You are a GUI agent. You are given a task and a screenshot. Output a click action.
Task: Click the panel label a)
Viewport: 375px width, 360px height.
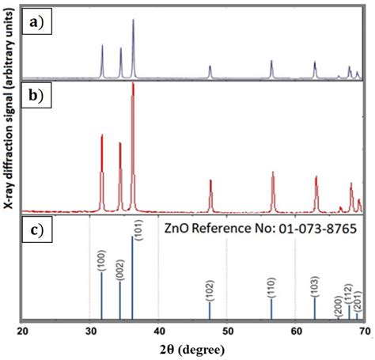[37, 23]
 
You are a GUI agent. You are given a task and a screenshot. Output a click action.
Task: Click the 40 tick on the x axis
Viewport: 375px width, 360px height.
[158, 330]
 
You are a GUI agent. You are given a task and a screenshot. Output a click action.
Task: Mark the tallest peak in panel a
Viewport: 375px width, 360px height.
[133, 21]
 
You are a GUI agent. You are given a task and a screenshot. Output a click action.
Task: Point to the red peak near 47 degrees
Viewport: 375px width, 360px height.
[210, 184]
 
